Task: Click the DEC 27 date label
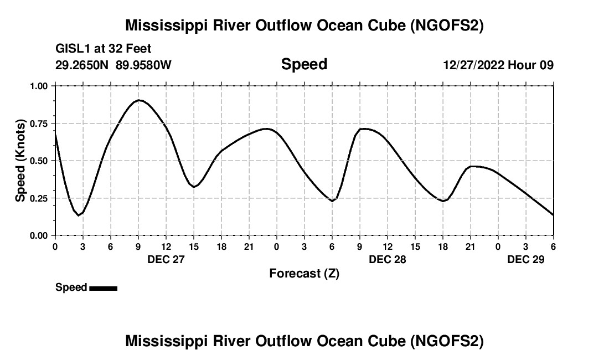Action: point(166,259)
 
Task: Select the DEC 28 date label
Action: point(388,259)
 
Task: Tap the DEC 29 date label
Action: point(526,259)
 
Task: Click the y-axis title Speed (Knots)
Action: point(20,160)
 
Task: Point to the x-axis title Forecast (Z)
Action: point(304,273)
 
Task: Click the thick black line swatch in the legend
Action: point(103,288)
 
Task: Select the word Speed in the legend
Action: point(71,287)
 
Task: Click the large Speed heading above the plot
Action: point(304,64)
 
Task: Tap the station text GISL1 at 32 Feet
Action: point(104,49)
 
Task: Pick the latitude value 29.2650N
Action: point(82,65)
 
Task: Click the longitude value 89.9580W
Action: point(143,65)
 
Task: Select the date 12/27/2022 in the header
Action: point(473,65)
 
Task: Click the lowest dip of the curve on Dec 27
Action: point(79,215)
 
